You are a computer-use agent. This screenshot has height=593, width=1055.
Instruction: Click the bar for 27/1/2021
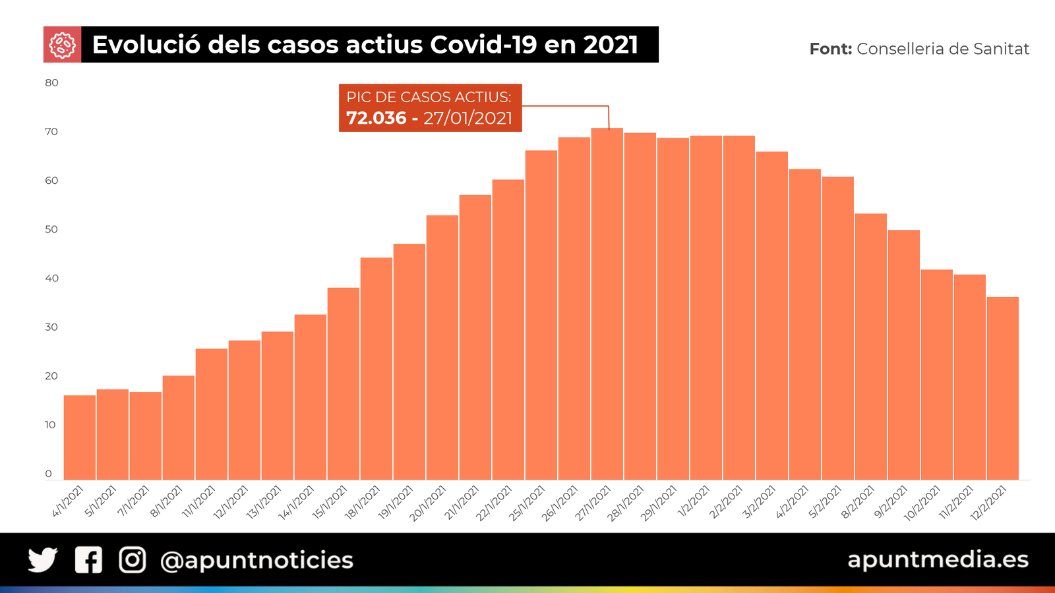point(607,303)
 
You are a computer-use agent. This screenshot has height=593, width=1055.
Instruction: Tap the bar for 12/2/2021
point(1002,388)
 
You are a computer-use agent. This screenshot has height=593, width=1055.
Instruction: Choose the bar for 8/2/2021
point(870,346)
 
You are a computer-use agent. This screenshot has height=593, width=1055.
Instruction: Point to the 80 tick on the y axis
point(51,83)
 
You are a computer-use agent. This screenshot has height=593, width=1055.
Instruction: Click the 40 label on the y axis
point(51,278)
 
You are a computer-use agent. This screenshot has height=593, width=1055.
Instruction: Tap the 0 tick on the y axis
point(48,474)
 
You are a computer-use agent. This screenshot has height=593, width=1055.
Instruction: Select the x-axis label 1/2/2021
point(694,501)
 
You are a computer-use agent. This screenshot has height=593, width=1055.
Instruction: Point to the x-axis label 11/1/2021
point(199,501)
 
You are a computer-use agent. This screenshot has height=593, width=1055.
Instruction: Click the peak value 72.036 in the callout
point(376,118)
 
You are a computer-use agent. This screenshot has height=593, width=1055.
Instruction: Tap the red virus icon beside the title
point(62,45)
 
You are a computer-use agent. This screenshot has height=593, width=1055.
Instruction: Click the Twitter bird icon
point(43,560)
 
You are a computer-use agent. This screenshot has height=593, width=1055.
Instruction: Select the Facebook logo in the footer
point(88,560)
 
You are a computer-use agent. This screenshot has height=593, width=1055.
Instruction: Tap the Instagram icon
point(133,560)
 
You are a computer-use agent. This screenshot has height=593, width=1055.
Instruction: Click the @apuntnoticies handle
point(257,561)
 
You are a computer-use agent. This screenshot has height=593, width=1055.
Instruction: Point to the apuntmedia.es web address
point(938,559)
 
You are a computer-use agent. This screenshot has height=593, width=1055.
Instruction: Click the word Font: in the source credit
point(830,49)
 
